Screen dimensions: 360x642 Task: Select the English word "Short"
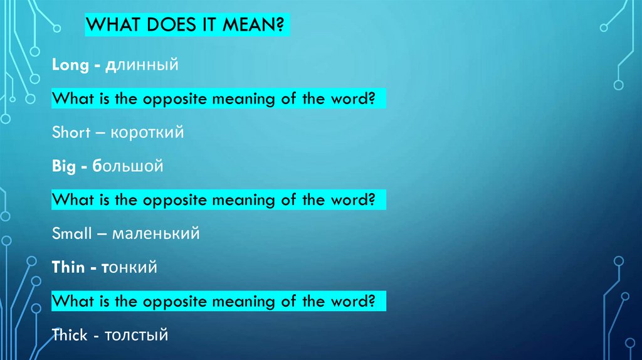point(70,133)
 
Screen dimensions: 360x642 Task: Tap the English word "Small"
point(71,234)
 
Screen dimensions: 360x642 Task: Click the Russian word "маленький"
point(156,234)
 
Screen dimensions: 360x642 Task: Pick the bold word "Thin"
point(68,268)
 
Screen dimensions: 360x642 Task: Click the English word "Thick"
point(70,336)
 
